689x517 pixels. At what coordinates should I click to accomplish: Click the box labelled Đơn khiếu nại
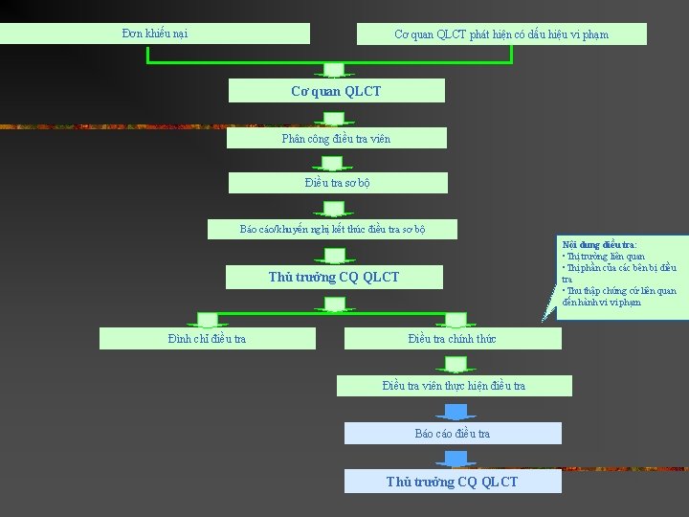tap(155, 34)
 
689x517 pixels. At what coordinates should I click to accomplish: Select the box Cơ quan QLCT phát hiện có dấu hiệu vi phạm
tap(501, 34)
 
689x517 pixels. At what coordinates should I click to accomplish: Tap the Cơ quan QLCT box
tap(336, 91)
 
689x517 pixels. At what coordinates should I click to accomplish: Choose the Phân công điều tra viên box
tap(336, 138)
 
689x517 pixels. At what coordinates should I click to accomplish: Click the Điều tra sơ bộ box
tap(337, 183)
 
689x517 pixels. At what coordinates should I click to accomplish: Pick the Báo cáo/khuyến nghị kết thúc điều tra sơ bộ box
tap(332, 229)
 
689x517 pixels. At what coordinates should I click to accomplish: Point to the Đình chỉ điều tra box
tap(207, 338)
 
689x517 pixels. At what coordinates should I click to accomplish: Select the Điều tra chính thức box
tap(452, 338)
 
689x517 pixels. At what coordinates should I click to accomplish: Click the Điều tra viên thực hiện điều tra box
tap(454, 386)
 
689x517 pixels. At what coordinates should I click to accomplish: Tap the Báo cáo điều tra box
tap(453, 434)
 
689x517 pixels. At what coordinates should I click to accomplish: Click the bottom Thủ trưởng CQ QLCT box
tap(453, 482)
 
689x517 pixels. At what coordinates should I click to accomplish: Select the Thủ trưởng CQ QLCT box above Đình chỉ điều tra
tap(334, 278)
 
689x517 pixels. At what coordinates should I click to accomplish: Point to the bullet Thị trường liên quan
tap(606, 257)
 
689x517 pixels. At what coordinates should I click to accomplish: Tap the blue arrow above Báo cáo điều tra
tap(456, 412)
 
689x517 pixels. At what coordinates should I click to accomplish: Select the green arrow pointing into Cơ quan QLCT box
tap(334, 69)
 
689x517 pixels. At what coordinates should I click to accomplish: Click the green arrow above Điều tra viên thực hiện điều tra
tap(456, 364)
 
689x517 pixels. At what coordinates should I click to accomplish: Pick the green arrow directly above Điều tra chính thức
tap(456, 319)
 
